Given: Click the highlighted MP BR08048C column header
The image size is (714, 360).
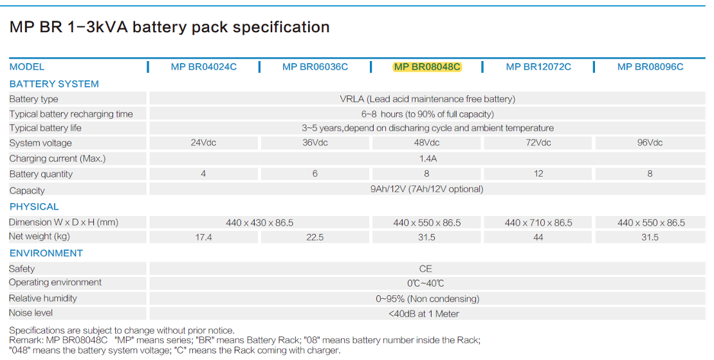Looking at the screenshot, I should [x=427, y=67].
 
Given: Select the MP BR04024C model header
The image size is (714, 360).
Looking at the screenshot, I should [x=204, y=67].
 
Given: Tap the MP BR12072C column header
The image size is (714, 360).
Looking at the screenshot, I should [x=538, y=67].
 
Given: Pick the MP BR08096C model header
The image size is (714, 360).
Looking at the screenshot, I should [x=650, y=67].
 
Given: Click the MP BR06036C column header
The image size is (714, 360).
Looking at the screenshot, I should [x=315, y=67].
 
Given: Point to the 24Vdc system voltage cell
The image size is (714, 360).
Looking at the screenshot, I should [x=203, y=143].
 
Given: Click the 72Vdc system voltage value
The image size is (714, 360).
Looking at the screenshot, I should [x=538, y=143].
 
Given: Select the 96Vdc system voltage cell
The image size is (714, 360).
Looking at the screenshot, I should [x=650, y=143].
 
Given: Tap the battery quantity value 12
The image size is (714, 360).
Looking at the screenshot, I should [x=538, y=174].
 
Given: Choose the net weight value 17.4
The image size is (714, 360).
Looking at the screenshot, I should [x=203, y=237].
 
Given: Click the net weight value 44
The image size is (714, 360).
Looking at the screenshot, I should [x=538, y=237].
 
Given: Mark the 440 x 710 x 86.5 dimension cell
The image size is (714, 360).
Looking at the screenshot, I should [x=538, y=222].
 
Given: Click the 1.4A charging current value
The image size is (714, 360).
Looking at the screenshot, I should [x=426, y=158].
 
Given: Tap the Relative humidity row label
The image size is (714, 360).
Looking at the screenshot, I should [x=42, y=298].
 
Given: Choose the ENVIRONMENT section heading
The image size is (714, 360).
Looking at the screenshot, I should [x=46, y=253].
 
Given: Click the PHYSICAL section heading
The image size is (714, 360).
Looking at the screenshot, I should [x=34, y=207].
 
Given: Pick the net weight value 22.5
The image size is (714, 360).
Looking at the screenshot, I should [x=315, y=237].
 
